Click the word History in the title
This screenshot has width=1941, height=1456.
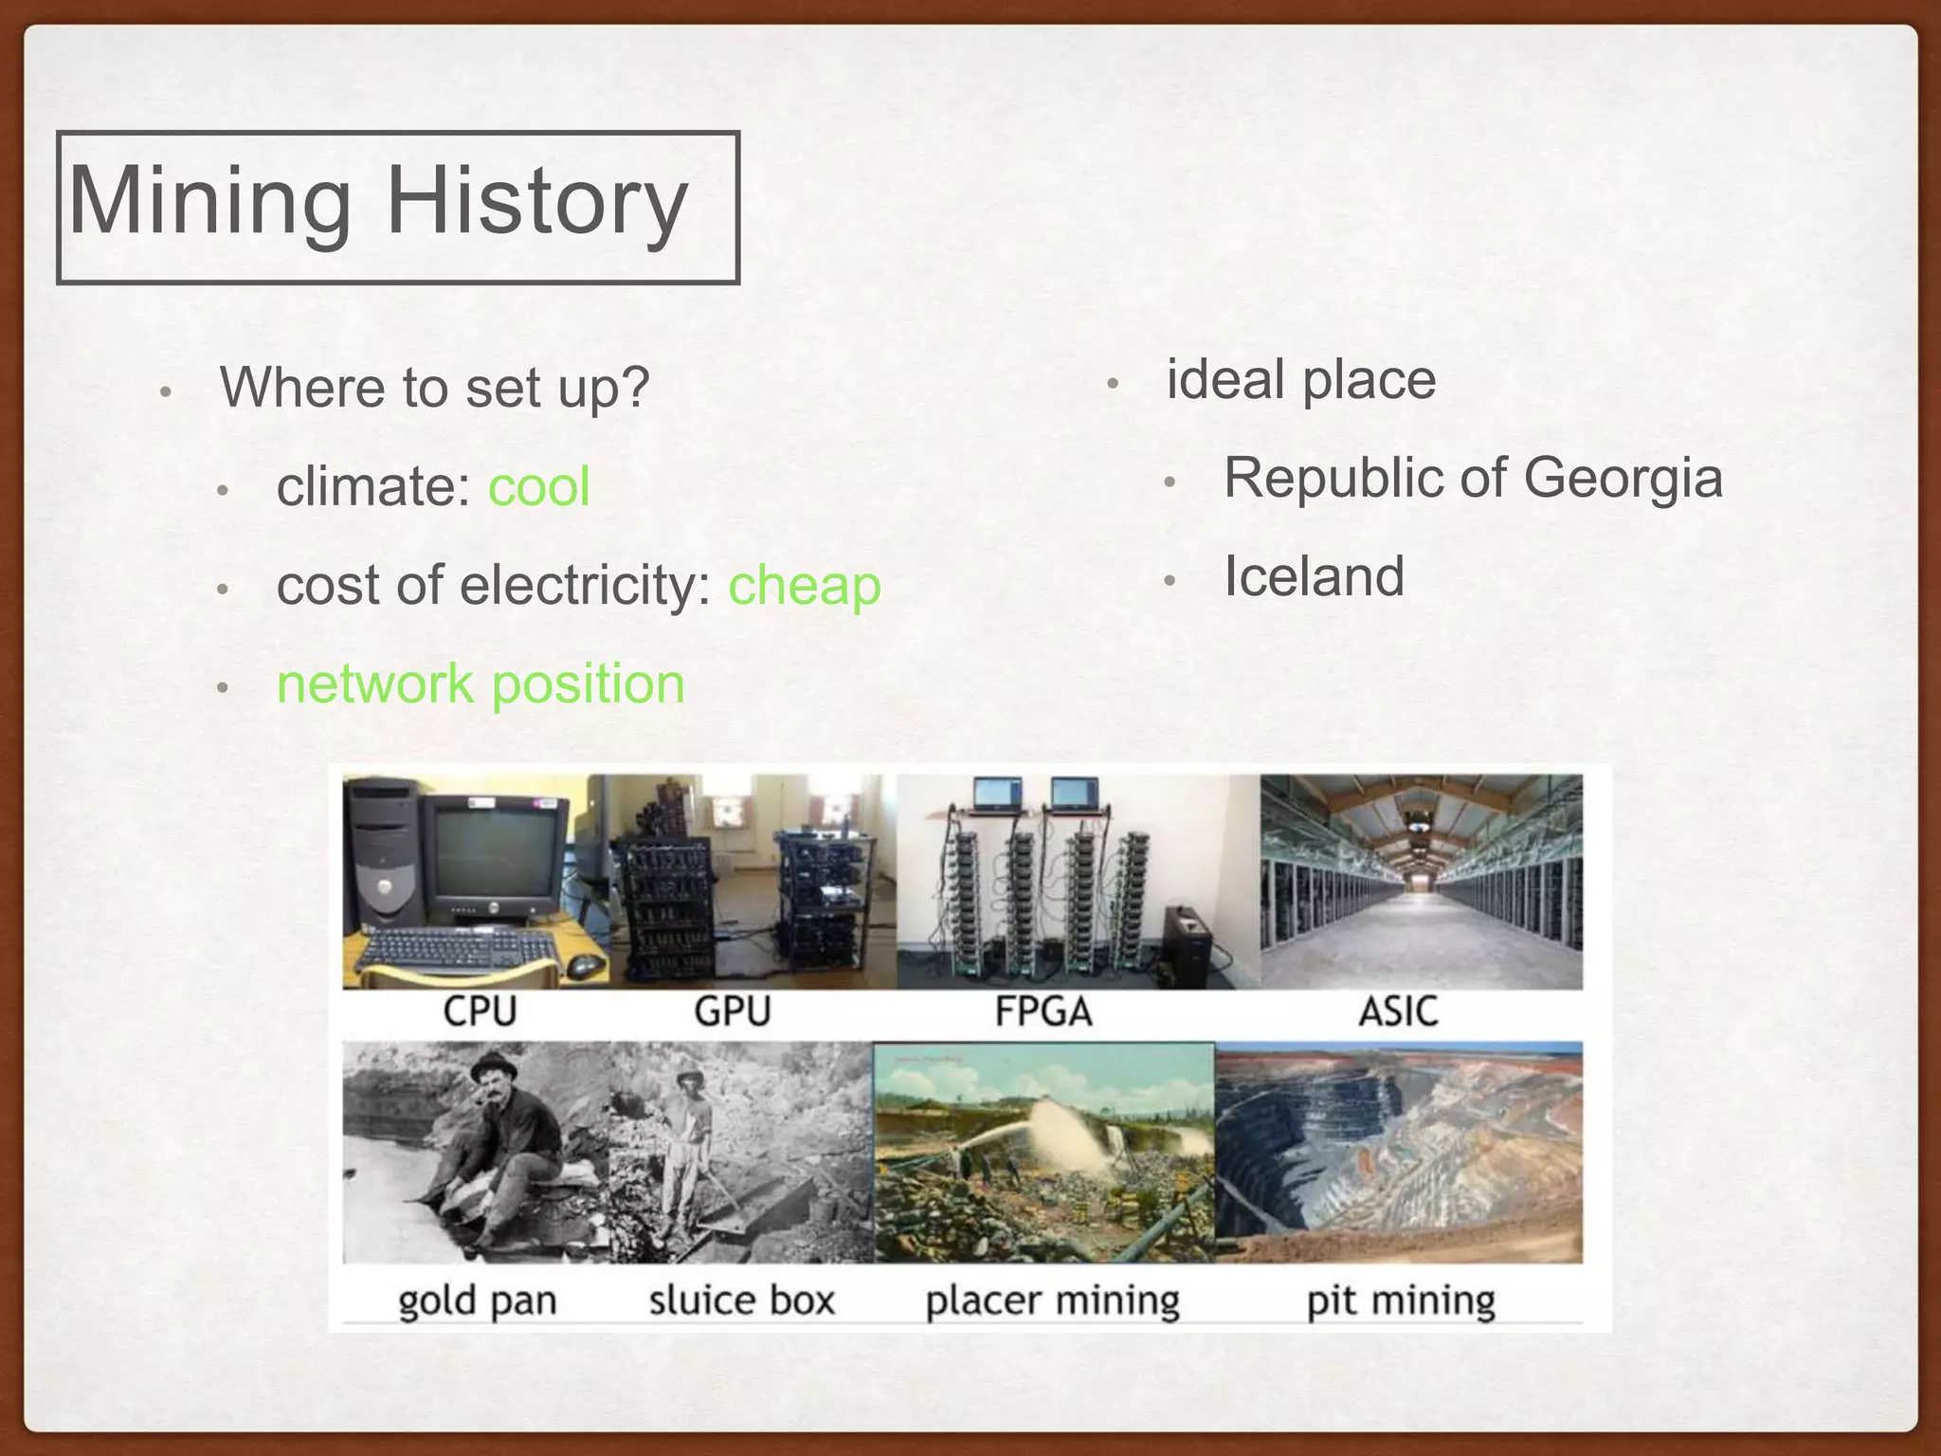coord(536,201)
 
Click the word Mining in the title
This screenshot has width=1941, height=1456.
coord(210,201)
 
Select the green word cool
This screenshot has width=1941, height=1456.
coord(538,486)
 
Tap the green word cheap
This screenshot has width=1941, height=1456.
coord(804,585)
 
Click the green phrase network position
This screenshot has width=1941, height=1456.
coord(481,683)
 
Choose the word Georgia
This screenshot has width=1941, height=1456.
coord(1623,477)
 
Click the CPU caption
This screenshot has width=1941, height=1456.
coord(480,1011)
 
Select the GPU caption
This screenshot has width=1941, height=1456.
coord(732,1011)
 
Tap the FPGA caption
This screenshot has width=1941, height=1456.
coord(1043,1011)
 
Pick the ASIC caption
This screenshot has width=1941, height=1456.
coord(1398,1011)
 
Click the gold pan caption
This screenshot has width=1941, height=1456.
coord(477,1300)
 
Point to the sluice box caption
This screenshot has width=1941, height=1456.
coord(741,1300)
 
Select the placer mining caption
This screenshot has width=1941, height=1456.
coord(1052,1300)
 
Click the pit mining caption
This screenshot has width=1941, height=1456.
coord(1400,1300)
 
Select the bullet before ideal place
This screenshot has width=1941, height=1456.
coord(1114,384)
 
